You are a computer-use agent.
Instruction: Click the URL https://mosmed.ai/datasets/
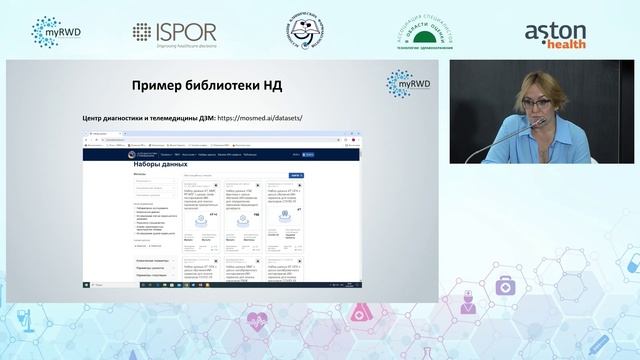260,119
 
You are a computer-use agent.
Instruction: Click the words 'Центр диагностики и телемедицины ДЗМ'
148,119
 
